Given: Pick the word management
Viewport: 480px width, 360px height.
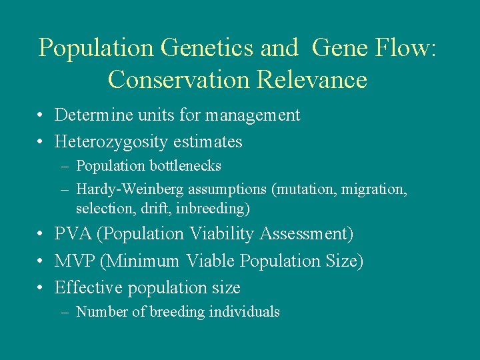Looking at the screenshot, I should (x=253, y=116).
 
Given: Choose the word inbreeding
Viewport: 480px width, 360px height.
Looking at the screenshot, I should (x=217, y=209).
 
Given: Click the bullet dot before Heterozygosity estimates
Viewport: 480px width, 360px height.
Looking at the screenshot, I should (x=41, y=143).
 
